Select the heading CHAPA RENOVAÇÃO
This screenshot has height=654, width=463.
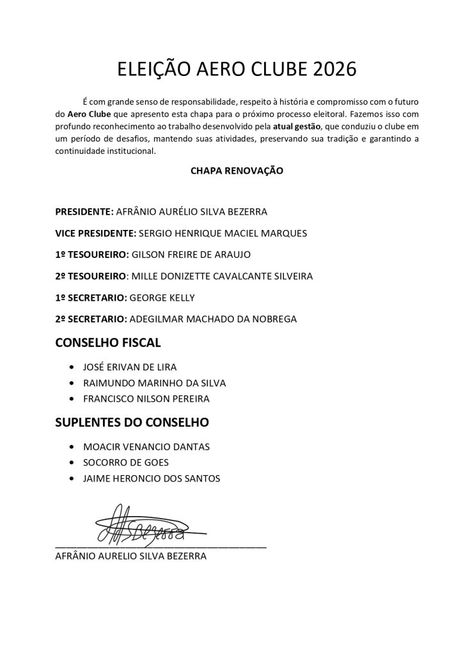coord(237,171)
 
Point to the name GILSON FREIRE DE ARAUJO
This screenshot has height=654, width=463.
coord(191,255)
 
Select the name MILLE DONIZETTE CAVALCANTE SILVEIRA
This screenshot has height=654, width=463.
coord(231,276)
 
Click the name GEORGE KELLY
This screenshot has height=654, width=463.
coord(162,298)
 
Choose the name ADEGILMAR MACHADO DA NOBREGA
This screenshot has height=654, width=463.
coord(213,319)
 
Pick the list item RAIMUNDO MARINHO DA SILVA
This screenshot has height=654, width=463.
coord(155,383)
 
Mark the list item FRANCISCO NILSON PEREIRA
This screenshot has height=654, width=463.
coord(147,399)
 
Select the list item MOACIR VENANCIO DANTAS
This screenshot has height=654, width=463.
coord(146,447)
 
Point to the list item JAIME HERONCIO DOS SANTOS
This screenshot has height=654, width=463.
coord(152,478)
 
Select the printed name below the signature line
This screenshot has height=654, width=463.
coord(131,556)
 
